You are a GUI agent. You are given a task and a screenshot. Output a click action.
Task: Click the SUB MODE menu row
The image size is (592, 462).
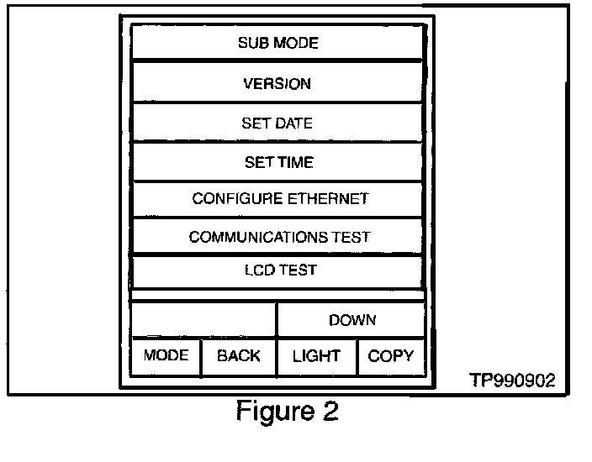[x=277, y=43]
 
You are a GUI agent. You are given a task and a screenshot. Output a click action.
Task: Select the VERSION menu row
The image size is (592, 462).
[x=277, y=83]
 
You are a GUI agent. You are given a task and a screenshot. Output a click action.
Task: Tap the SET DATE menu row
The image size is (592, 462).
[x=277, y=123]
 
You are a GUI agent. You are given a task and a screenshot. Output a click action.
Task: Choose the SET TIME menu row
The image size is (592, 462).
[x=277, y=162]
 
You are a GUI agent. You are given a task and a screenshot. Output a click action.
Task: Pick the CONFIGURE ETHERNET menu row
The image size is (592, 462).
[x=277, y=199]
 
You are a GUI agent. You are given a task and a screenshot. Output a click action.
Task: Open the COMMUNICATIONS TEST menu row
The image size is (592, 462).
[x=277, y=237]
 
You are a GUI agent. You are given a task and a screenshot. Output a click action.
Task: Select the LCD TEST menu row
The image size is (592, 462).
[x=277, y=270]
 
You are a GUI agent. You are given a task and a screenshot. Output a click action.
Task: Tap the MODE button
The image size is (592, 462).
[x=166, y=356]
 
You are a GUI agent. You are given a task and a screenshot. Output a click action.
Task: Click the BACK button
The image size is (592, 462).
[x=239, y=356]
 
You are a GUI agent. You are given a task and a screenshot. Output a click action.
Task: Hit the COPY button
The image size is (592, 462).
[x=391, y=356]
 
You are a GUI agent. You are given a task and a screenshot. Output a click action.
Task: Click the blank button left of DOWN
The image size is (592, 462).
[x=204, y=320]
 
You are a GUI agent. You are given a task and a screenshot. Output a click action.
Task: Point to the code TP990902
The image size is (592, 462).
[x=512, y=381]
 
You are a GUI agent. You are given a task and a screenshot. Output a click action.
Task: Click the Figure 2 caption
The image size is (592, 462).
[x=287, y=412]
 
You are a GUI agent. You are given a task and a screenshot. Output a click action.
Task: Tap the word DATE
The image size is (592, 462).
[x=294, y=123]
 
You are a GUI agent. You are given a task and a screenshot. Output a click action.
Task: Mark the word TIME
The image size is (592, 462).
[x=297, y=162]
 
